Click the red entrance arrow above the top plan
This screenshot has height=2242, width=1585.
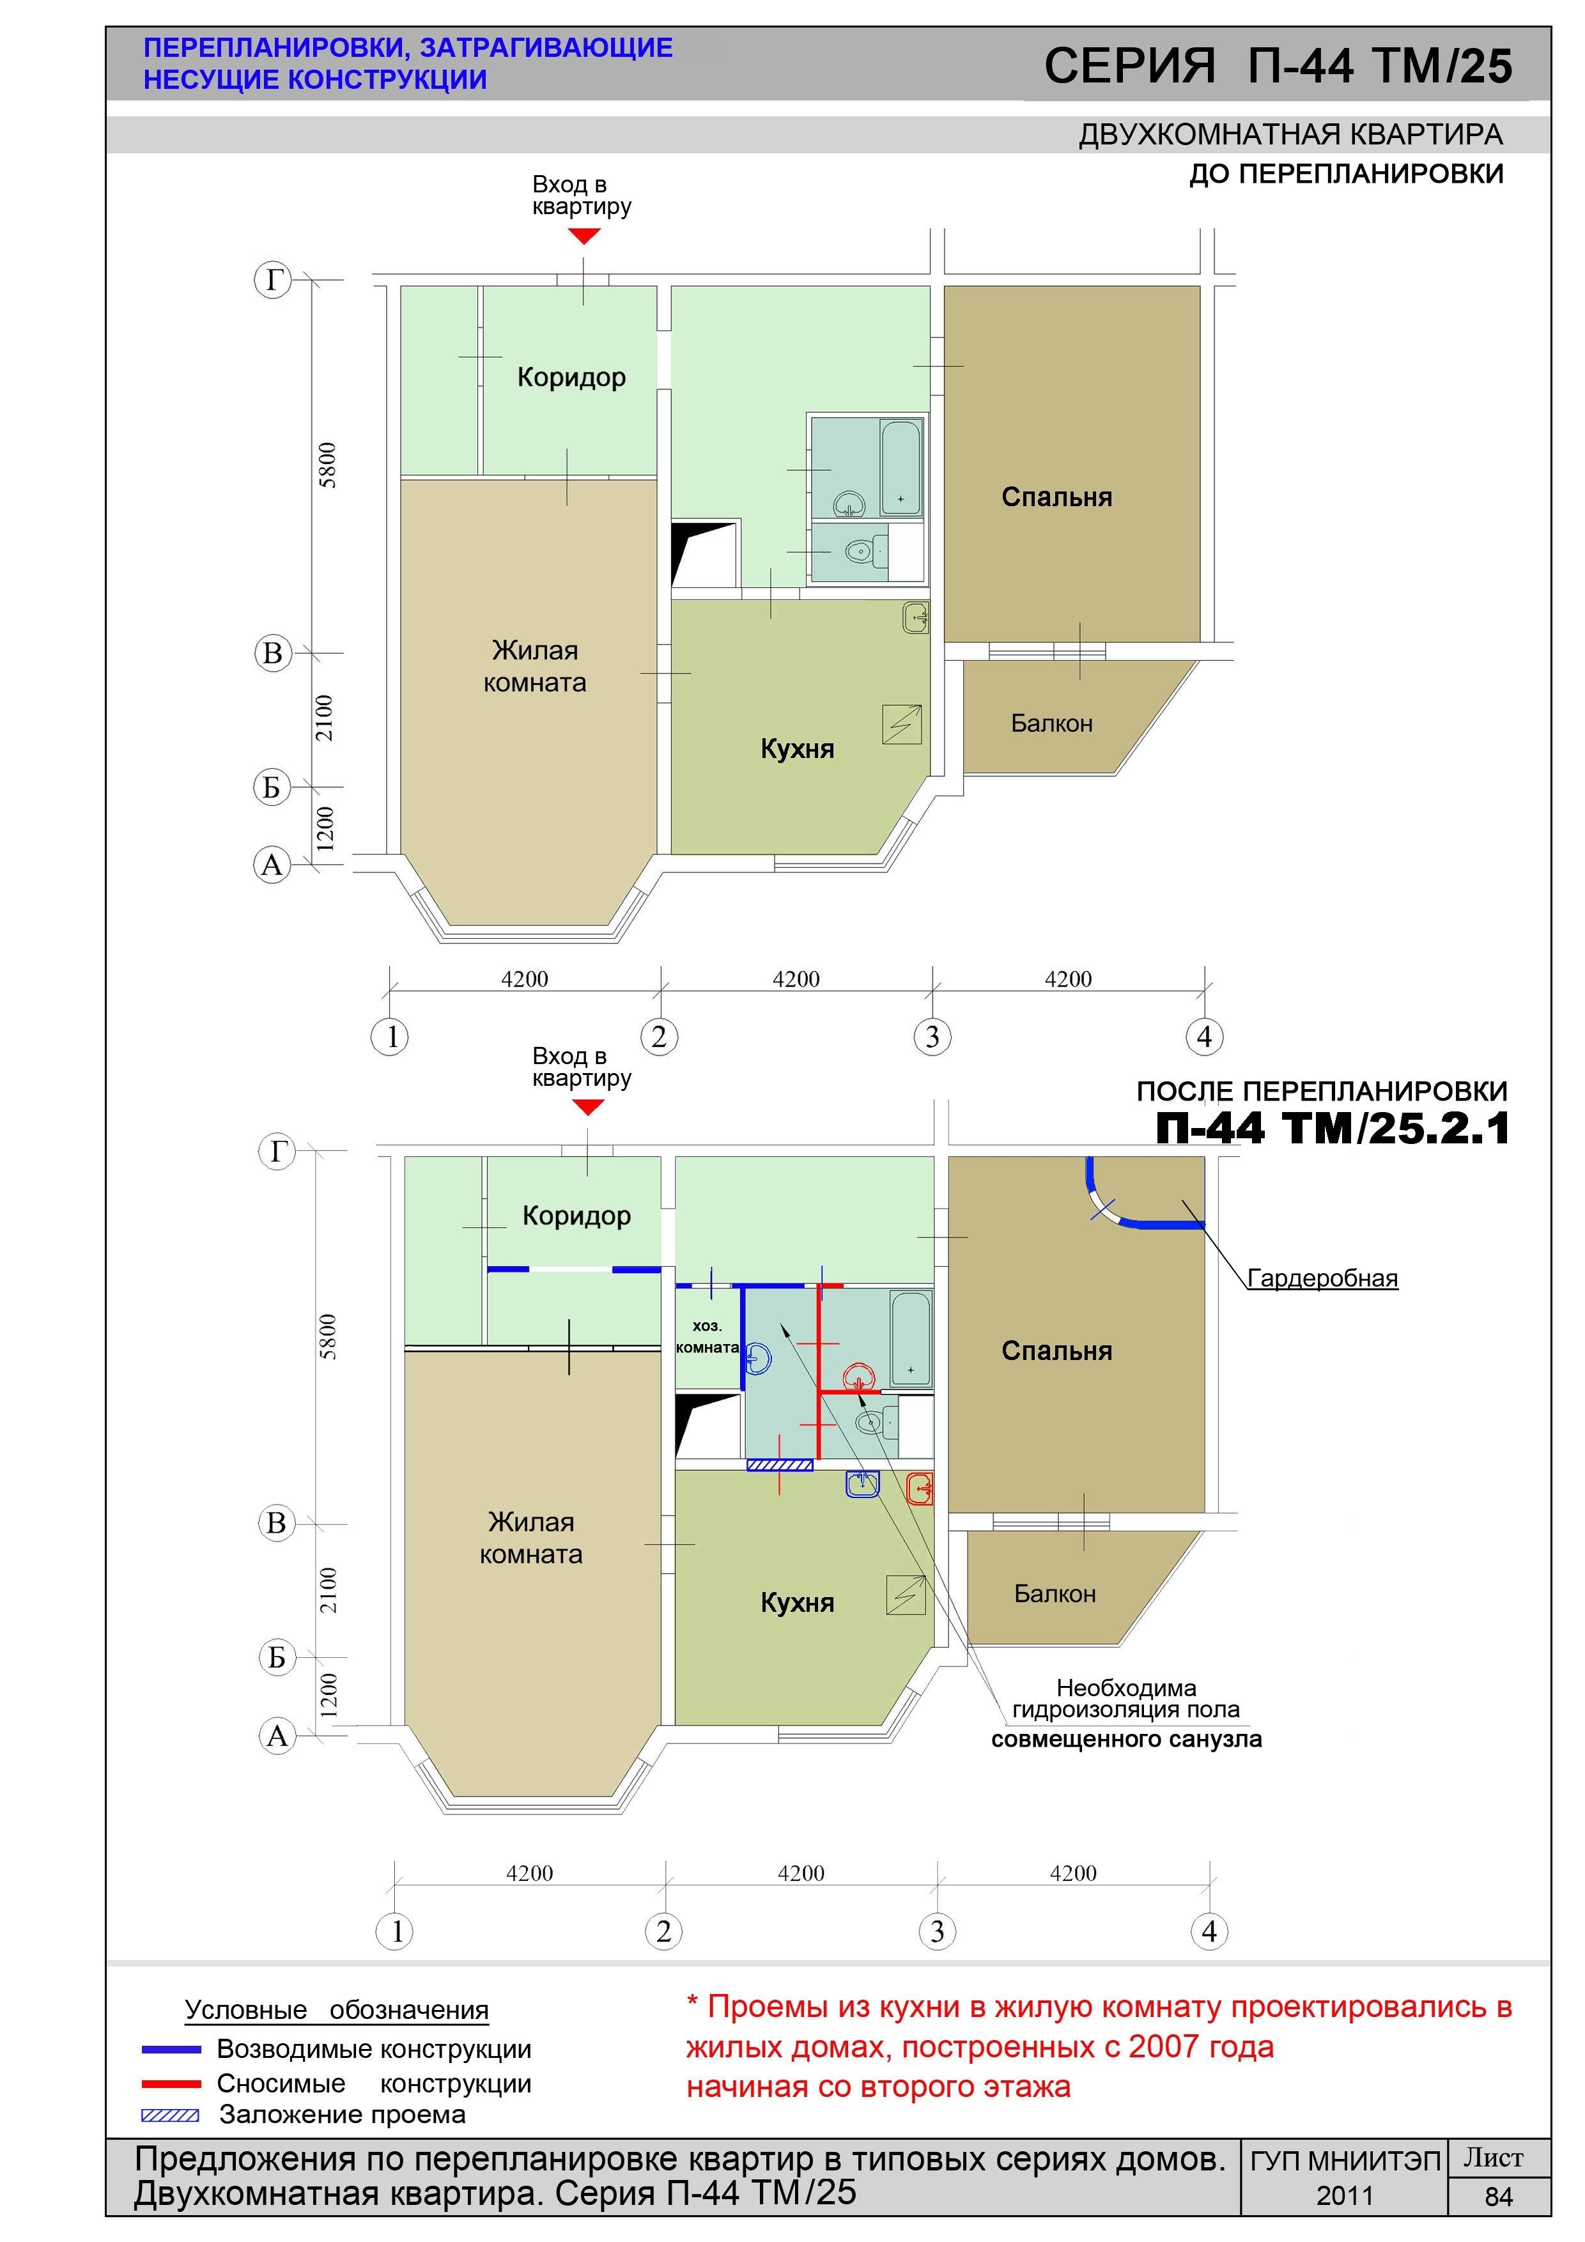584,235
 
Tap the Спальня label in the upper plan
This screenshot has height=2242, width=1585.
1056,497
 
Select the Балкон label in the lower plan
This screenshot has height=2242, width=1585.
1055,1593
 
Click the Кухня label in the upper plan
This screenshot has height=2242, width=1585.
797,749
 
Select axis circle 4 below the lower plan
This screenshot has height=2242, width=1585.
1209,1931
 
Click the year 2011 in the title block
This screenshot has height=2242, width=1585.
1345,2196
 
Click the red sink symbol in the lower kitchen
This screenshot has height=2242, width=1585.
920,1488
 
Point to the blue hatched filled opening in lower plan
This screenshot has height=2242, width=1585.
779,1465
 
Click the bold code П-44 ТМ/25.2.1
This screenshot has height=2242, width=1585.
1333,1128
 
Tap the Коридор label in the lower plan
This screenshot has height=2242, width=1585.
576,1216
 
